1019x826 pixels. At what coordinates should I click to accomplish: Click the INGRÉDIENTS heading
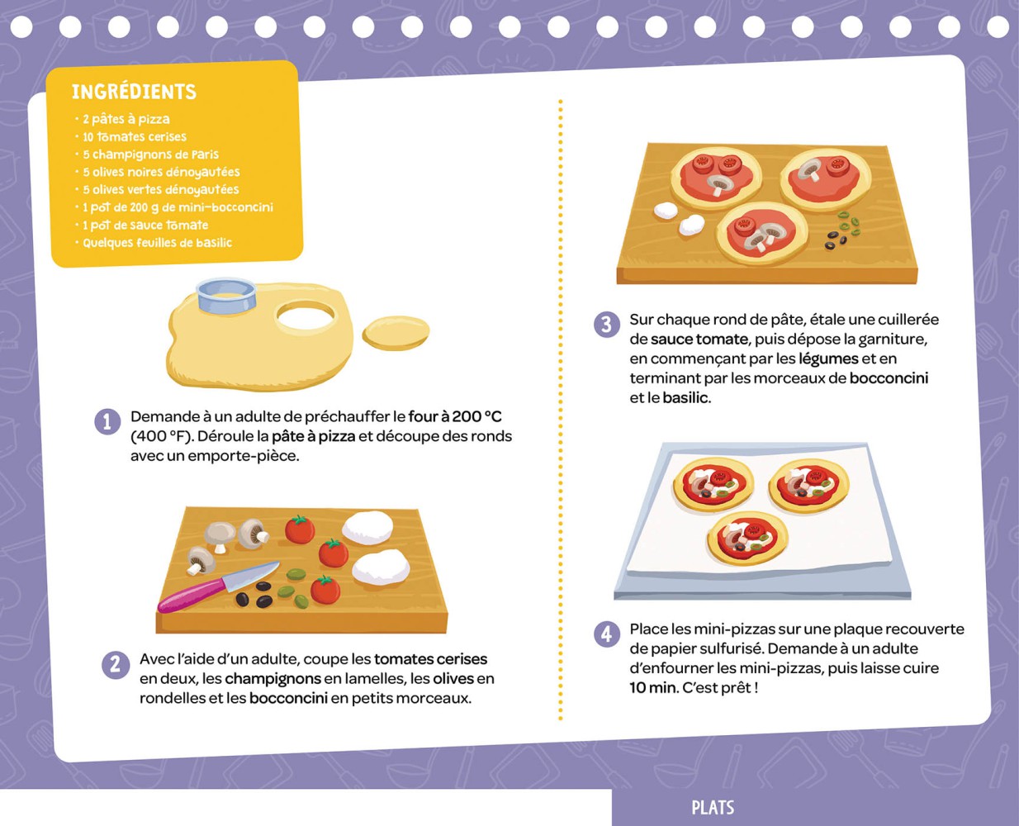click(x=134, y=92)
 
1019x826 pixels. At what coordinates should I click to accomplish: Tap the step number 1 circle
click(x=107, y=421)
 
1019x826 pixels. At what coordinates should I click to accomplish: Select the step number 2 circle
click(x=115, y=664)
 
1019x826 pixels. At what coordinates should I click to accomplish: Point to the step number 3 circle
click(x=607, y=324)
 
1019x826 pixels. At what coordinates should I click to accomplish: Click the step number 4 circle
click(x=607, y=634)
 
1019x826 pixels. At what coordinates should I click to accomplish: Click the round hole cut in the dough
click(x=306, y=316)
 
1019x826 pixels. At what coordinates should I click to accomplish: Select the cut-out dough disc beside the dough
click(x=396, y=332)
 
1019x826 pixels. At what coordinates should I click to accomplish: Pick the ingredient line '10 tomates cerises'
click(x=134, y=137)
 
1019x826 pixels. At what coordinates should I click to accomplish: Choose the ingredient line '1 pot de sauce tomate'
click(x=145, y=225)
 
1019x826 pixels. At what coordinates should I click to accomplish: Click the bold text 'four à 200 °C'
click(x=455, y=416)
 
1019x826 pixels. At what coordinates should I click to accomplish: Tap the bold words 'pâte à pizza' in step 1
click(x=313, y=436)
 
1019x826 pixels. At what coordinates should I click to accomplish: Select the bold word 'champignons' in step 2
click(x=273, y=678)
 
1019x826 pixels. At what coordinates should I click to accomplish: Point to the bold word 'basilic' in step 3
click(x=685, y=397)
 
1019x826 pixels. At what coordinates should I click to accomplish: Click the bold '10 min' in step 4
click(x=653, y=687)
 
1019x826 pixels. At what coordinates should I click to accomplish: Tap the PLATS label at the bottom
click(x=713, y=808)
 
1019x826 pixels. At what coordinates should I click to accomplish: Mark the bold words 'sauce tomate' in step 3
click(x=699, y=339)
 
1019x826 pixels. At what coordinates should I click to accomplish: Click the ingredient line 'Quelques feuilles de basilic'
click(x=157, y=243)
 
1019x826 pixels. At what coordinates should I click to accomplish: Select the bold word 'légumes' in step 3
click(x=828, y=358)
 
